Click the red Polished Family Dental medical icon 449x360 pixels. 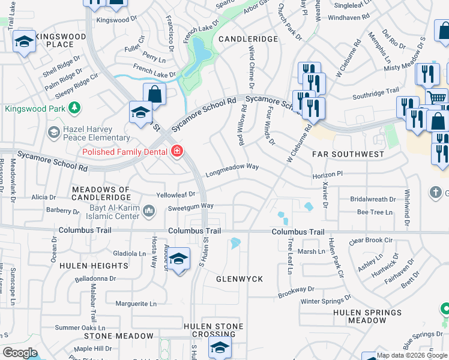pos(176,151)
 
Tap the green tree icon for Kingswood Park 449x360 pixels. pos(74,108)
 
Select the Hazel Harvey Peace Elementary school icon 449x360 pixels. pos(53,131)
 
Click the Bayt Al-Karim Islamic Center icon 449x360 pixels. pos(149,209)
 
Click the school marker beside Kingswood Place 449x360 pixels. pos(24,41)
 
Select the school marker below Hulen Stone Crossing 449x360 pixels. pos(220,347)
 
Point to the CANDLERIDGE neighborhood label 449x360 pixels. pos(248,38)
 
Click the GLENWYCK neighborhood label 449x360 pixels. pos(240,279)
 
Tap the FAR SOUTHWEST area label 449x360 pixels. pos(348,154)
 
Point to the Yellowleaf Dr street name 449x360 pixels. pos(176,194)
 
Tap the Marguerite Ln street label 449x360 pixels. pos(131,304)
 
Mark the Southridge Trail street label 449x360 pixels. pos(376,91)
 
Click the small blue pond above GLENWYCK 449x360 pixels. pos(235,244)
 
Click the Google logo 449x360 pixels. pos(20,353)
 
